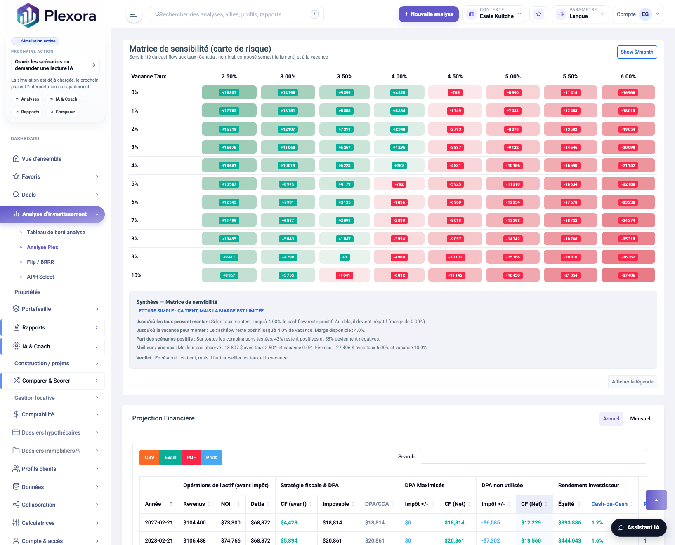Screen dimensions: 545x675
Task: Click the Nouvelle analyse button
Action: click(428, 14)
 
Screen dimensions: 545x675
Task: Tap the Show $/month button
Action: click(637, 52)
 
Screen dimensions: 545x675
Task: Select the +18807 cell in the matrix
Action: click(229, 93)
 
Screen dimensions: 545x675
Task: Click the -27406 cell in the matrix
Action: click(628, 275)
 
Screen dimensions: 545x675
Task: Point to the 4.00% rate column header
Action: click(399, 77)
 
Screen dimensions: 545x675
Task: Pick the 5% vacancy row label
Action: click(135, 184)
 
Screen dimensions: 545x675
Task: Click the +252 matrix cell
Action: click(399, 166)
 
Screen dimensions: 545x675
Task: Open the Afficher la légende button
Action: click(632, 382)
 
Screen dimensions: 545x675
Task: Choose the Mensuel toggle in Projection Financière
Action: click(640, 419)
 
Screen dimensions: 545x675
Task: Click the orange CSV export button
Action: click(149, 458)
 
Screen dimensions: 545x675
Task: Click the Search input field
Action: click(533, 457)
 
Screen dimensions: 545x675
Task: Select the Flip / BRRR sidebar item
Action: click(40, 262)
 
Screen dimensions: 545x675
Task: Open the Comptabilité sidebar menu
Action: click(38, 414)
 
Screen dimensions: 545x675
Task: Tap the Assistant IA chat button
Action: click(638, 527)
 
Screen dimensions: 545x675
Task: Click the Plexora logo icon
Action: click(28, 15)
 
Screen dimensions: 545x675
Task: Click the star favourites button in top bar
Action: click(538, 14)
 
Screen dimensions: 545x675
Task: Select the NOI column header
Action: click(226, 504)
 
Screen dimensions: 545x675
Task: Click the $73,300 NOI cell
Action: click(231, 522)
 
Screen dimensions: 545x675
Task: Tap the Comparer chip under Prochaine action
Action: click(62, 112)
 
